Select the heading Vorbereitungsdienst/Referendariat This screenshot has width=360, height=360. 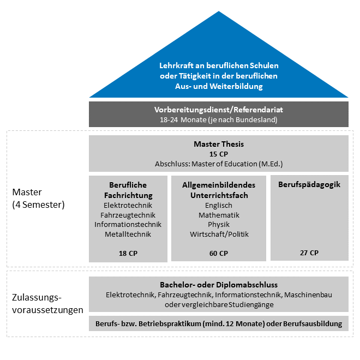click(x=218, y=110)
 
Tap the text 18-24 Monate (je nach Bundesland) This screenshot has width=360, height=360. click(x=218, y=119)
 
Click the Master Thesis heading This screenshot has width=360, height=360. click(x=218, y=144)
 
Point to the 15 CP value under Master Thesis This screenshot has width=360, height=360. click(x=218, y=154)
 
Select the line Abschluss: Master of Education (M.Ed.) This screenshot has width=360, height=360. click(x=218, y=164)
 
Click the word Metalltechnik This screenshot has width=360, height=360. click(x=128, y=235)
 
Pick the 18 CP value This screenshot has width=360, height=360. click(x=128, y=253)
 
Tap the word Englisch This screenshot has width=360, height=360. click(x=218, y=205)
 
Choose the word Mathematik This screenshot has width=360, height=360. click(x=218, y=215)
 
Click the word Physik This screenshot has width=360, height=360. click(x=218, y=225)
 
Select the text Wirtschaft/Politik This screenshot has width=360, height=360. click(x=218, y=235)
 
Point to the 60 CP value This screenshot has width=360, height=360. click(x=218, y=253)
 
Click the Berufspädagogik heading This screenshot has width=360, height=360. click(x=309, y=184)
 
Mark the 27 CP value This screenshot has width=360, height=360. click(x=309, y=253)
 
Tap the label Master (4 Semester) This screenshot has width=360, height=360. click(x=38, y=199)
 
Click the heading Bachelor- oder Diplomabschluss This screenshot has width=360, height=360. click(x=218, y=285)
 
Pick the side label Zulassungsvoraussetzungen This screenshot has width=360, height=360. click(x=47, y=304)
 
